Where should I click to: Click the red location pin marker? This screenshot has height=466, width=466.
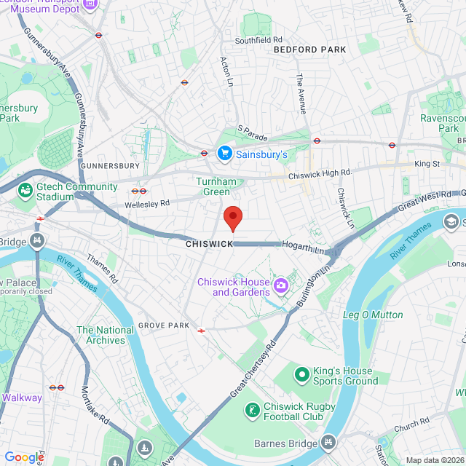pyautogui.click(x=232, y=218)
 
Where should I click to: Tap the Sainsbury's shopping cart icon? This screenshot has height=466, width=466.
pyautogui.click(x=225, y=154)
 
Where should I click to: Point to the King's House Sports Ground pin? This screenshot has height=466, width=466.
pyautogui.click(x=301, y=374)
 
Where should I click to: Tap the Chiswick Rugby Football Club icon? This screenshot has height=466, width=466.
pyautogui.click(x=252, y=411)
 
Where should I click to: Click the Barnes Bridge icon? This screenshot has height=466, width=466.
pyautogui.click(x=329, y=442)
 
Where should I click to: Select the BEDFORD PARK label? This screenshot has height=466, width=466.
pyautogui.click(x=309, y=50)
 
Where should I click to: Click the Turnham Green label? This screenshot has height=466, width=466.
pyautogui.click(x=213, y=186)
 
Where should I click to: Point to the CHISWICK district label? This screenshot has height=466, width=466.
pyautogui.click(x=209, y=244)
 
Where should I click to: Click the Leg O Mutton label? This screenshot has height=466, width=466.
pyautogui.click(x=373, y=315)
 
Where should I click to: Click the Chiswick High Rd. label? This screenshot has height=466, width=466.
pyautogui.click(x=320, y=174)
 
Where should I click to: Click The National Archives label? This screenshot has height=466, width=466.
pyautogui.click(x=106, y=335)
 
